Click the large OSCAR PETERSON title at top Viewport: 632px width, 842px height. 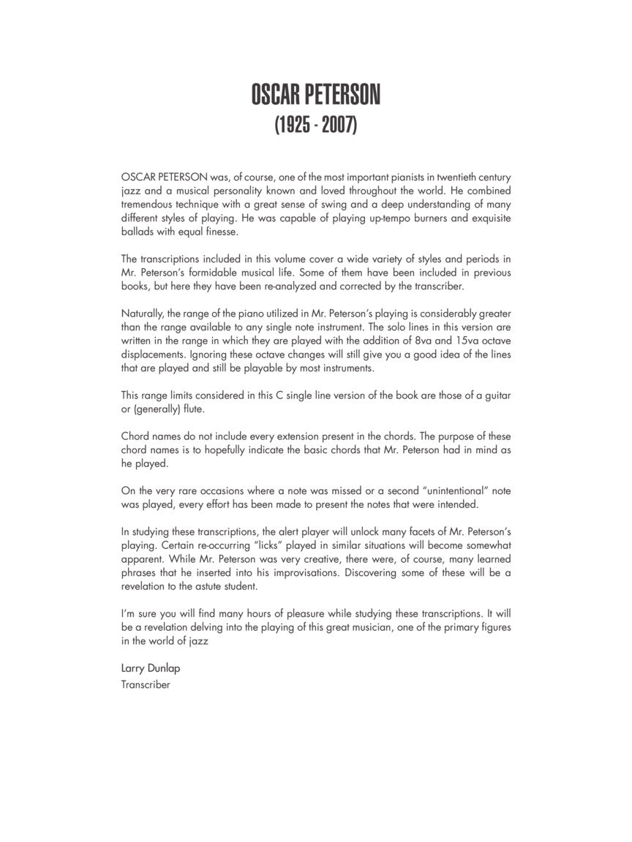tap(315, 95)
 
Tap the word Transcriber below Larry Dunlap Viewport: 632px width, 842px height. tap(146, 685)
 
